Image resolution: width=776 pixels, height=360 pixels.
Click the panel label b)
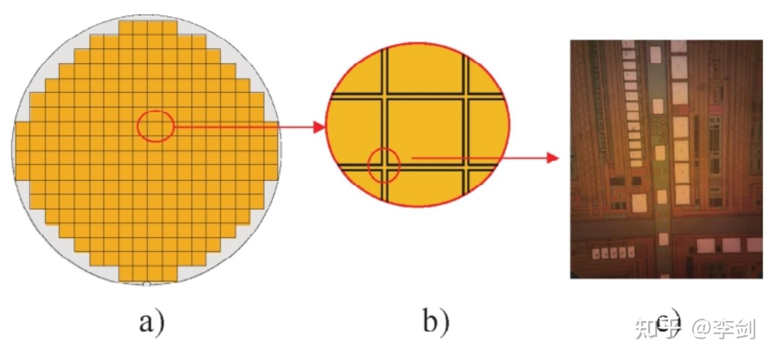click(x=435, y=323)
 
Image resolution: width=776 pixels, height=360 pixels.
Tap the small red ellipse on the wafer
click(x=155, y=126)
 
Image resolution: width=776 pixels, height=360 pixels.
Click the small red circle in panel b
click(x=384, y=165)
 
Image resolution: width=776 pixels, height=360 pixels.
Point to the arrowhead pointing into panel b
click(x=320, y=127)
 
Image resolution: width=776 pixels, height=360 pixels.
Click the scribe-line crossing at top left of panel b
click(x=384, y=94)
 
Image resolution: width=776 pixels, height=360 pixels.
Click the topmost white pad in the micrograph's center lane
click(x=656, y=54)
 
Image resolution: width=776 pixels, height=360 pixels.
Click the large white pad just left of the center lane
click(x=639, y=203)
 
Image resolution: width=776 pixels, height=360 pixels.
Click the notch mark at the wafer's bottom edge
click(x=146, y=283)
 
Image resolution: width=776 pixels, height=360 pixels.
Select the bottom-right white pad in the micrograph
click(x=753, y=245)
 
